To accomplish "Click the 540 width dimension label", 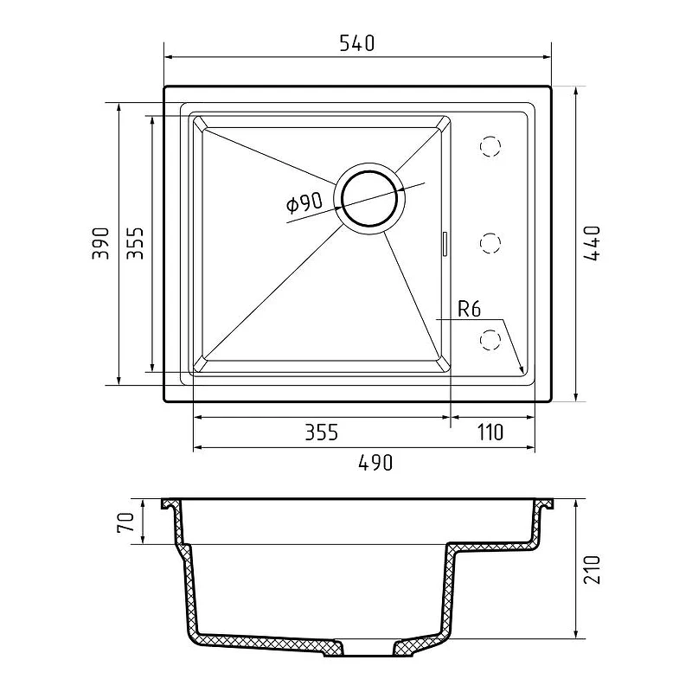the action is tap(357, 43).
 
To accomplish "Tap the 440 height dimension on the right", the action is tap(592, 244).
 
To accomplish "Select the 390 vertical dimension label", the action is tap(100, 243).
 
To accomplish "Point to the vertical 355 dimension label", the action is tap(135, 243).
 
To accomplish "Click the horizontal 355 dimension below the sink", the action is tap(322, 432).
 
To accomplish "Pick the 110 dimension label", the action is tap(490, 432).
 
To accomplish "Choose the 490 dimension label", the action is tap(375, 463).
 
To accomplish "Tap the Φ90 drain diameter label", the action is tap(304, 203).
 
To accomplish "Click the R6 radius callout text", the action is tap(469, 309).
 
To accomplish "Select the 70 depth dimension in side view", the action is tap(125, 522).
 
